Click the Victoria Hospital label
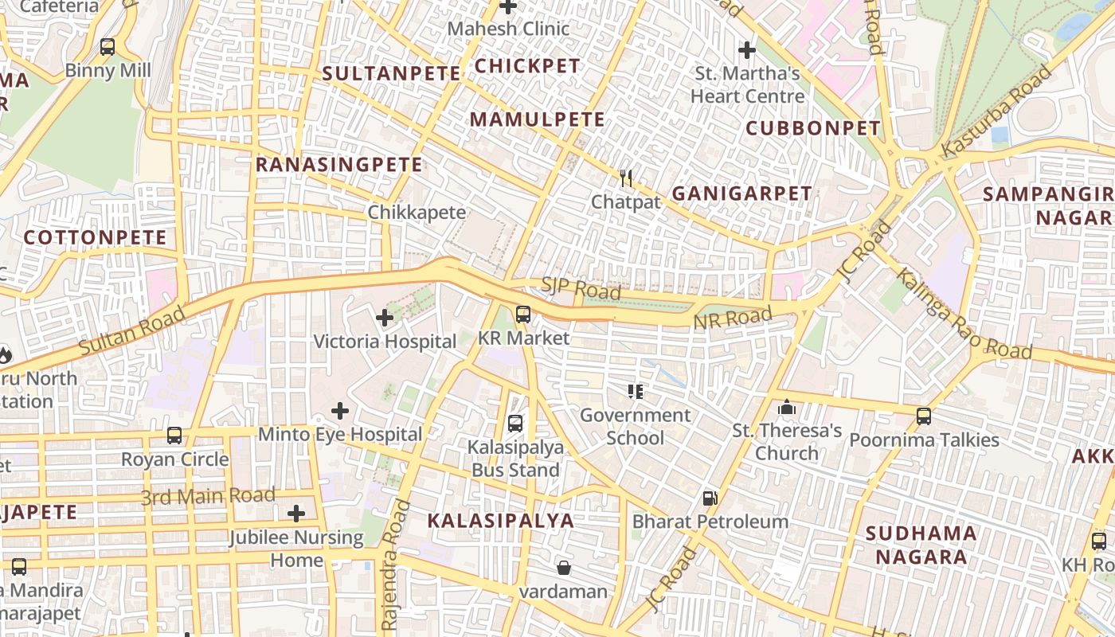[x=385, y=342]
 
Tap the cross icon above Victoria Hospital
[x=385, y=318]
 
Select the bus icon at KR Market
[x=522, y=315]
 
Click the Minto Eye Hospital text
[x=340, y=435]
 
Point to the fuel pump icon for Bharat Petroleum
[x=710, y=498]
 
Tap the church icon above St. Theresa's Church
[x=787, y=408]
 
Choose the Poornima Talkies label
[x=924, y=440]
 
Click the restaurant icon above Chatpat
[x=626, y=178]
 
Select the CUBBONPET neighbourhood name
[x=813, y=128]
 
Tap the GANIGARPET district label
[x=741, y=193]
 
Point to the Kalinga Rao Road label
[x=964, y=315]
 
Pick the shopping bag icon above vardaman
[x=563, y=568]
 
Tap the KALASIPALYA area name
[x=500, y=521]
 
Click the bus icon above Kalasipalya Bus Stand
[x=515, y=423]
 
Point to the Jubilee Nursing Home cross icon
[x=296, y=514]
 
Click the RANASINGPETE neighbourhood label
[x=338, y=165]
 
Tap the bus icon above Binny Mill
[x=108, y=47]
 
